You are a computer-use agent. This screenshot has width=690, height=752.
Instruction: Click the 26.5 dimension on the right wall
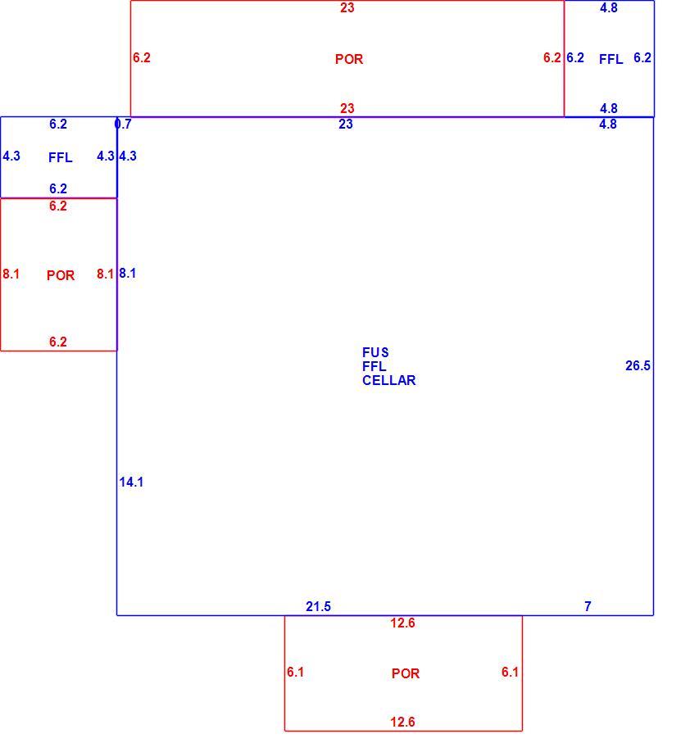[x=638, y=366]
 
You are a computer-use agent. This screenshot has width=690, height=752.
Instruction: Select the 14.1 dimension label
[x=131, y=482]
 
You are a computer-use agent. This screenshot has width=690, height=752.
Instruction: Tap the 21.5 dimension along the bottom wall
[x=318, y=607]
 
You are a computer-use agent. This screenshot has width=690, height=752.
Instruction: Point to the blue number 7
[x=588, y=607]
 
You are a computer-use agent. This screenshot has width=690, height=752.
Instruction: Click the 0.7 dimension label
[x=123, y=125]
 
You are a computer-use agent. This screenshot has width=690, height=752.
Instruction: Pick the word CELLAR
[x=388, y=380]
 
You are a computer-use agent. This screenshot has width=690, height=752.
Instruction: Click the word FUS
[x=375, y=352]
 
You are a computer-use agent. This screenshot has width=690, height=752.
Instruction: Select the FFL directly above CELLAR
[x=375, y=366]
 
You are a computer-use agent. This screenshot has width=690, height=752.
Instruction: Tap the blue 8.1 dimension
[x=128, y=274]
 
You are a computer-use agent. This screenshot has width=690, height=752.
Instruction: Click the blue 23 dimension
[x=346, y=125]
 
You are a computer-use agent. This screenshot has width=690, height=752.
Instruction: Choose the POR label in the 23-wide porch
[x=349, y=59]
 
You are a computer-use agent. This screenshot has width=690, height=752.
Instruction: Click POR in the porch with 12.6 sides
[x=406, y=673]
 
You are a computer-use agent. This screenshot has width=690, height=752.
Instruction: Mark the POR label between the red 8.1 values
[x=61, y=275]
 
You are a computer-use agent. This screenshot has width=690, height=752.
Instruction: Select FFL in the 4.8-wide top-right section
[x=611, y=59]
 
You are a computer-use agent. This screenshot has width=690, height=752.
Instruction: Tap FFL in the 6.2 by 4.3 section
[x=61, y=157]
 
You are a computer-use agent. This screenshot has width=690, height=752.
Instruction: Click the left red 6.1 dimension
[x=295, y=672]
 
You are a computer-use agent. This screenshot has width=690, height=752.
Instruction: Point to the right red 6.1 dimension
[x=510, y=672]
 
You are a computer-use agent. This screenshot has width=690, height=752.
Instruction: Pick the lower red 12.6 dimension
[x=402, y=722]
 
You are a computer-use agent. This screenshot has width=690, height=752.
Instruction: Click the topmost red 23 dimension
[x=347, y=7]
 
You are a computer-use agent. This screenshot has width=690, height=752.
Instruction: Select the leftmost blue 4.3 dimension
[x=11, y=156]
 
